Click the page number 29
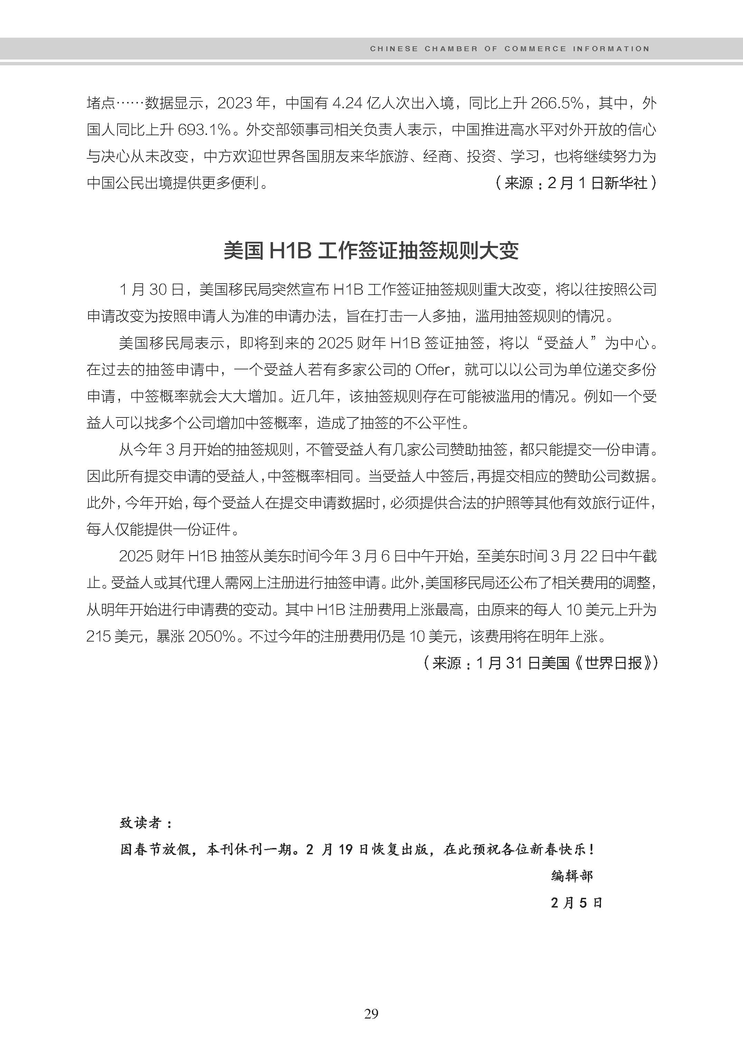371,1014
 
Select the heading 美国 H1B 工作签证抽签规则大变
371,251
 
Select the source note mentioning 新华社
575,183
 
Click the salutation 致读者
145,823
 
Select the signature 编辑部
572,876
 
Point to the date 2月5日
576,903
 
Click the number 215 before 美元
98,636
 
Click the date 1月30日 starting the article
151,290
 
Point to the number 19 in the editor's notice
346,849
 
